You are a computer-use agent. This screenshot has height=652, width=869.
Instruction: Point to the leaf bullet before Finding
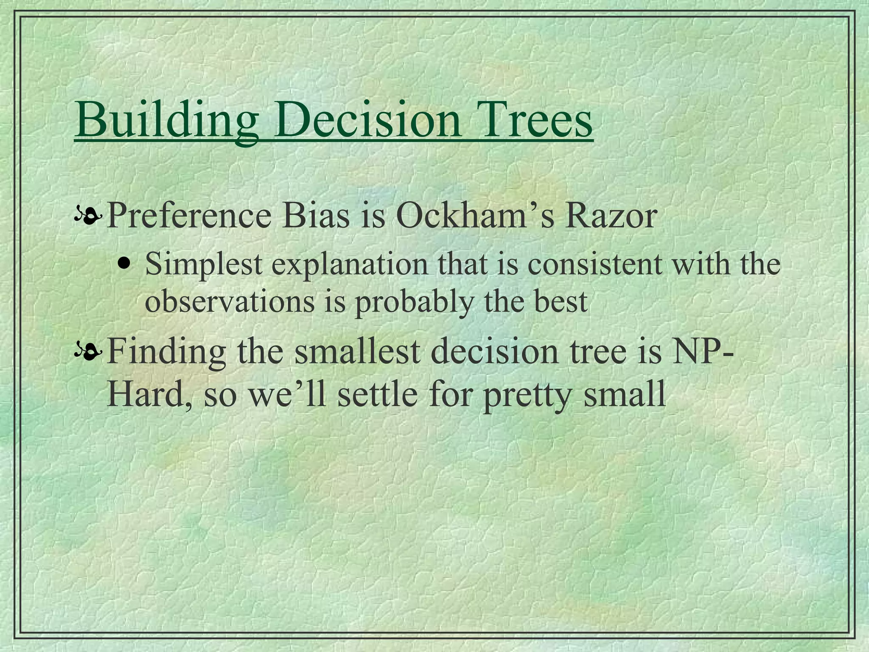pos(88,352)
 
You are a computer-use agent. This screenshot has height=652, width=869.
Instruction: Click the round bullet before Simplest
pos(124,262)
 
